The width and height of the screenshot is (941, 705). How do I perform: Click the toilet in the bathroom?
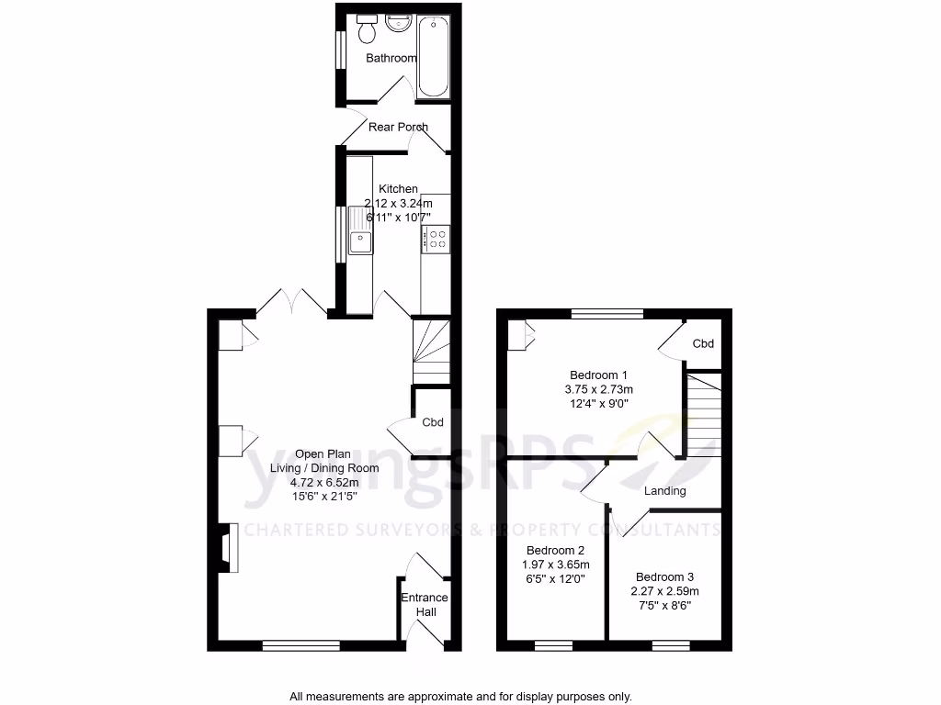coord(367,29)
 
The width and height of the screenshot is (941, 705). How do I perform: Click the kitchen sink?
coord(360,241)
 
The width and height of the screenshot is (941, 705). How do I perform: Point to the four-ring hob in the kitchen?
coord(435,240)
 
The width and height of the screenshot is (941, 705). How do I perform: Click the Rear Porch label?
coord(398,127)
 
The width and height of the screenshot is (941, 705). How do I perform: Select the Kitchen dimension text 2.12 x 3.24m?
coord(398,203)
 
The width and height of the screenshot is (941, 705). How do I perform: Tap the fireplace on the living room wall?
coord(226,549)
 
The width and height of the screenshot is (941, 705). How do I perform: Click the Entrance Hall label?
coord(425,605)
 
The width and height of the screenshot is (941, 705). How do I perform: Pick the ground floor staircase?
coord(430,351)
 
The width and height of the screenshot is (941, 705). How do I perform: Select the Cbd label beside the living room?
coord(433,423)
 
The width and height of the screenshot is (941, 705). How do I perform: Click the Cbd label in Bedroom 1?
coord(703,344)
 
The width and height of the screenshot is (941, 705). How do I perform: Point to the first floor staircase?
coord(703,413)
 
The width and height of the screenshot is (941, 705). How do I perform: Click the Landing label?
coord(664,491)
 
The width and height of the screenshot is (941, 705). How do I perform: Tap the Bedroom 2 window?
coord(553,645)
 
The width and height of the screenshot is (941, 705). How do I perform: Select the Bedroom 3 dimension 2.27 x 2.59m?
coord(664,592)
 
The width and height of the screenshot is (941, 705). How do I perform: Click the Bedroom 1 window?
coord(607,314)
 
